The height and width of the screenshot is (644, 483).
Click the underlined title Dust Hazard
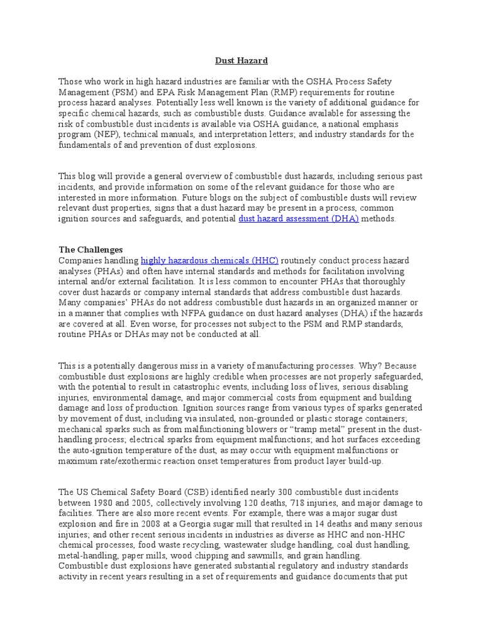pyautogui.click(x=241, y=61)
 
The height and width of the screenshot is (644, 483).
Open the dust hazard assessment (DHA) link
pyautogui.click(x=299, y=218)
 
